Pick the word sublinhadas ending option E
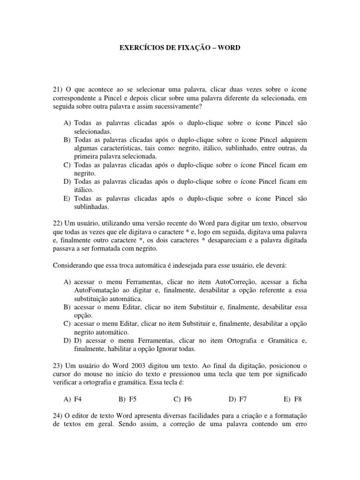(91, 206)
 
